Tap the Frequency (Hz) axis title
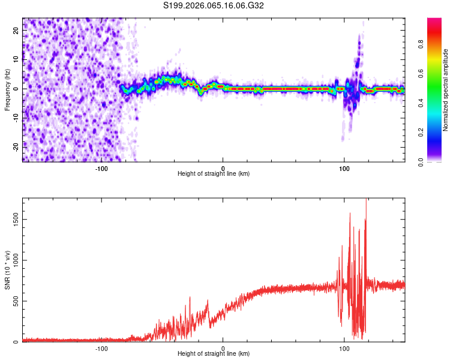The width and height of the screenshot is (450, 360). pyautogui.click(x=7, y=89)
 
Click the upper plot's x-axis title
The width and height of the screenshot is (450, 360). pyautogui.click(x=214, y=173)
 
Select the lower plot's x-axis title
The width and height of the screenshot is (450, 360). pyautogui.click(x=214, y=353)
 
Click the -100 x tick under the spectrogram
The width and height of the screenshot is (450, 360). pyautogui.click(x=101, y=167)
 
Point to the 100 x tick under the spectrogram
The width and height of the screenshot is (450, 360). pyautogui.click(x=344, y=167)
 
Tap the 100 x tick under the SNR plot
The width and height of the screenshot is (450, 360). pyautogui.click(x=344, y=347)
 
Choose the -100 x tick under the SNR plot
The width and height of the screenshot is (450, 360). pyautogui.click(x=101, y=347)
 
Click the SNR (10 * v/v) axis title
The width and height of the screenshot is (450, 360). pyautogui.click(x=7, y=270)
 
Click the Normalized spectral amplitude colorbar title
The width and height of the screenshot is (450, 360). pyautogui.click(x=446, y=89)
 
